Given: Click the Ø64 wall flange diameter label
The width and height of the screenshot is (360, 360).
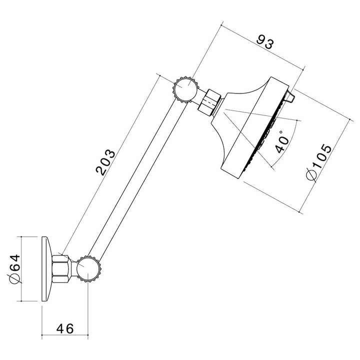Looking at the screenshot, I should click(14, 269).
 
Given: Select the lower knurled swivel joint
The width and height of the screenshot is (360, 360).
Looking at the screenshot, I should click(89, 270).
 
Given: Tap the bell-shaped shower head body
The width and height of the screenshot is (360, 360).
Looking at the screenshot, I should click(240, 120).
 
